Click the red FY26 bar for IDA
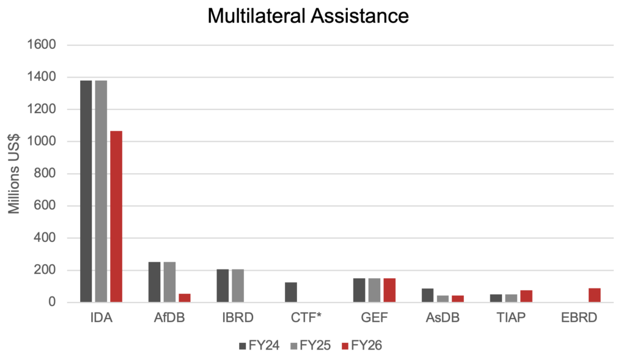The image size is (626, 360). tap(116, 216)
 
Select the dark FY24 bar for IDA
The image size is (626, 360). tap(86, 191)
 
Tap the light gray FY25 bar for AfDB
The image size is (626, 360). tap(169, 282)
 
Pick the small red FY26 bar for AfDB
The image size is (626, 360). tap(185, 298)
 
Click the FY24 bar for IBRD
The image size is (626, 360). tap(223, 285)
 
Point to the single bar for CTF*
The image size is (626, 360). tap(291, 292)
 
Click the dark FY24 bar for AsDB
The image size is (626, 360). tap(428, 295)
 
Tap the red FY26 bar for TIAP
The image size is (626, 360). tap(526, 296)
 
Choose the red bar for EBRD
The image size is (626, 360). tap(595, 295)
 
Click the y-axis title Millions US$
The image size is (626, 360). tap(15, 174)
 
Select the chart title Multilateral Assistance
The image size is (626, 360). tap(308, 15)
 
